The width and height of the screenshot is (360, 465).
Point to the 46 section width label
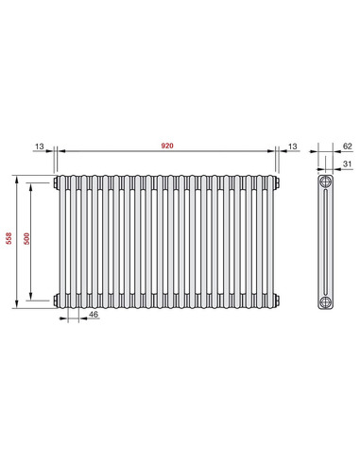(94, 314)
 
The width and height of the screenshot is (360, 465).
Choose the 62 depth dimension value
(347, 146)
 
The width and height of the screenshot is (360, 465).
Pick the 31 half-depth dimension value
(347, 164)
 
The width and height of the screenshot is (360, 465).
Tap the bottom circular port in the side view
(326, 301)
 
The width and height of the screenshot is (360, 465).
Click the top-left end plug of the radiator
(57, 181)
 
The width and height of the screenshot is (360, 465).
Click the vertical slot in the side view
(326, 241)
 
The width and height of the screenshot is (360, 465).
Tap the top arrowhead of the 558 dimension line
(16, 177)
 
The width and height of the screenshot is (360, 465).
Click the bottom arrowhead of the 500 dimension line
(33, 298)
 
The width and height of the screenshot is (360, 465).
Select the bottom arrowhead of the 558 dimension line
(16, 305)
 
